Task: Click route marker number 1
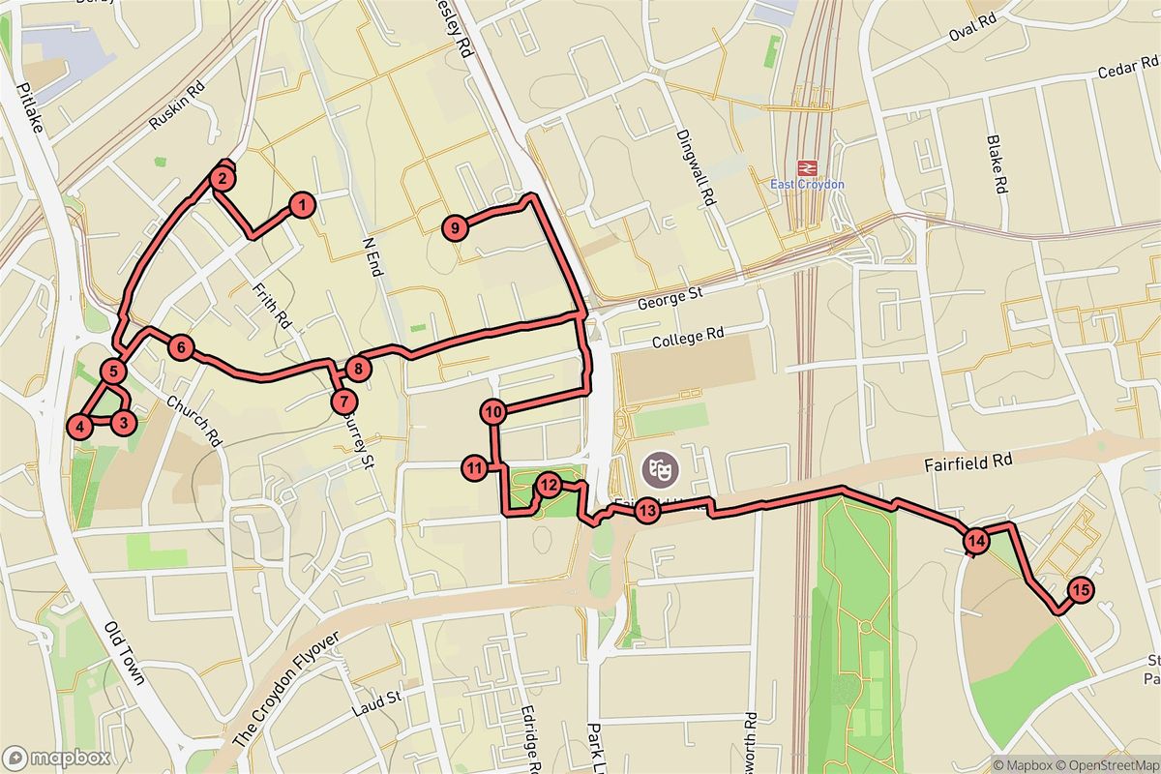(x=302, y=205)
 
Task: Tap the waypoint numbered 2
(x=222, y=178)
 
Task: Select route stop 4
(x=80, y=425)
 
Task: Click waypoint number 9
(x=455, y=228)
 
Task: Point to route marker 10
(x=493, y=412)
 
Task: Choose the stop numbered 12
(x=549, y=485)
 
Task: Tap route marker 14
(x=975, y=541)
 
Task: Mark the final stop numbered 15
(x=1082, y=589)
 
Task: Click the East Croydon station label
(x=807, y=185)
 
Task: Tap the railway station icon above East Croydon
(x=807, y=166)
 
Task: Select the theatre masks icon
(x=663, y=471)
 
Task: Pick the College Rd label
(x=688, y=339)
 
